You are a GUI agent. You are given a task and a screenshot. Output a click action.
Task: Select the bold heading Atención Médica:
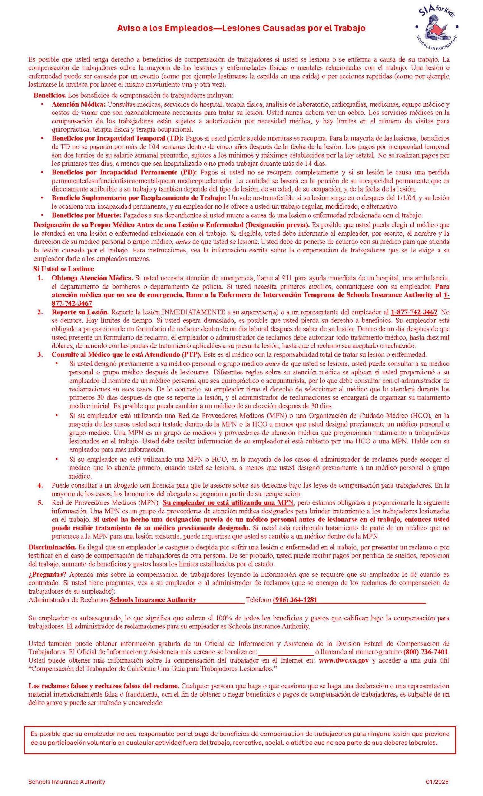pos(78,104)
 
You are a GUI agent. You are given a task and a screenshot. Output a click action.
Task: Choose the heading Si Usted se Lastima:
pos(64,269)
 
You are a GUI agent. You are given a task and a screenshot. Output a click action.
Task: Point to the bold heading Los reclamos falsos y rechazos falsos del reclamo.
pos(103,686)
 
